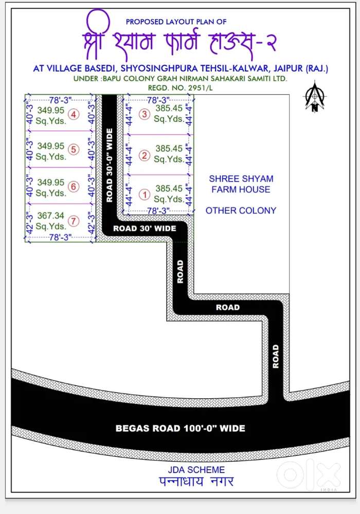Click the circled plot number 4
[x=75, y=115]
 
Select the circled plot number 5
[x=75, y=150]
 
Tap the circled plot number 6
[x=75, y=186]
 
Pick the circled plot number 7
[x=75, y=221]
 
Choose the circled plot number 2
[x=145, y=155]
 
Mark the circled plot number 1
[x=145, y=195]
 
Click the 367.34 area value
[x=50, y=216]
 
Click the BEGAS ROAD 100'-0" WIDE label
[x=180, y=428]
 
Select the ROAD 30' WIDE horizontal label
[x=145, y=228]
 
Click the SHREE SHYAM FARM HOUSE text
[x=240, y=184]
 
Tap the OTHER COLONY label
[x=241, y=210]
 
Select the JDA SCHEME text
[x=196, y=470]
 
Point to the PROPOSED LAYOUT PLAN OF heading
[x=176, y=22]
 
